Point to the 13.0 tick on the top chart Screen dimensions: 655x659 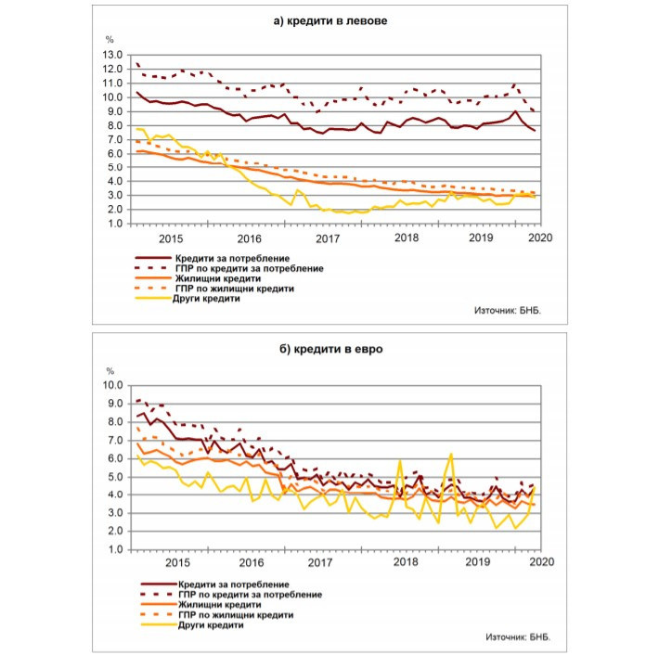tap(113, 54)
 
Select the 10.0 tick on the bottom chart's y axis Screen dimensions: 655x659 tap(113, 385)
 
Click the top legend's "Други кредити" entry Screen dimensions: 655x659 tap(205, 299)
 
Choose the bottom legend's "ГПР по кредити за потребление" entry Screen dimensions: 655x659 tap(247, 594)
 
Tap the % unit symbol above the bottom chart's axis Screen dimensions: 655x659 tap(110, 372)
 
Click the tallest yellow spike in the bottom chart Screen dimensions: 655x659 tap(450, 455)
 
